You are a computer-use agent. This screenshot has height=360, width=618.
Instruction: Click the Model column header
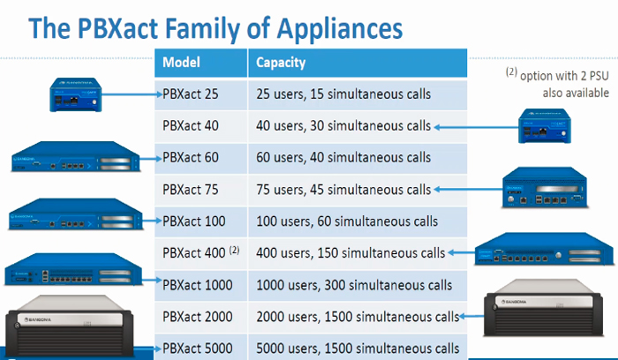click(x=200, y=63)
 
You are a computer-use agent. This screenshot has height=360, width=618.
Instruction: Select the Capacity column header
click(x=358, y=63)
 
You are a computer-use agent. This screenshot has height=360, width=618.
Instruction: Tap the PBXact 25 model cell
click(x=200, y=94)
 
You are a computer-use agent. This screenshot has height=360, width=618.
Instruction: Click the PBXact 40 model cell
click(x=200, y=126)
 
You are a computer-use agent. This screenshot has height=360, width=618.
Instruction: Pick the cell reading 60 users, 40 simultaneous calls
click(x=358, y=158)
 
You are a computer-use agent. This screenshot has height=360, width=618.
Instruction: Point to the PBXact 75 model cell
click(x=200, y=191)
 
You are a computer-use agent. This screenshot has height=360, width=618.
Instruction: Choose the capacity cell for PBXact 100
click(x=358, y=221)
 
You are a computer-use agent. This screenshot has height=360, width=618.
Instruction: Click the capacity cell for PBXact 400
click(x=358, y=253)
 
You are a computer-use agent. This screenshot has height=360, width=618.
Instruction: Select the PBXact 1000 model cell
click(x=200, y=286)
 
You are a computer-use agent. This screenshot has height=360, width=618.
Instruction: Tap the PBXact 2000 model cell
click(x=200, y=317)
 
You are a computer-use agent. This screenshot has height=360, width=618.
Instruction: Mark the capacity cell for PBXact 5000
click(x=358, y=348)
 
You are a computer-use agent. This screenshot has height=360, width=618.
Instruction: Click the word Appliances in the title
click(x=339, y=29)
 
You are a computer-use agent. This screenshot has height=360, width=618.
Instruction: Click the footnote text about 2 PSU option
click(x=557, y=84)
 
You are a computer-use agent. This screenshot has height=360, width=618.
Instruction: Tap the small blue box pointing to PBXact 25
click(x=76, y=94)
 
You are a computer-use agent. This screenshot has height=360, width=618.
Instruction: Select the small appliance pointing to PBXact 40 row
click(x=545, y=125)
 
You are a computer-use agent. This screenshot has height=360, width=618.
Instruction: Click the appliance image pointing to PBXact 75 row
click(x=545, y=188)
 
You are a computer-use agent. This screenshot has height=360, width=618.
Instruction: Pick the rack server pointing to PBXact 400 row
click(x=545, y=249)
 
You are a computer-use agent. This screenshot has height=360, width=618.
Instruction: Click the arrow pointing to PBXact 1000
click(x=152, y=281)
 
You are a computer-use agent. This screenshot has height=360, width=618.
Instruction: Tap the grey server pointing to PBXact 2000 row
click(x=544, y=308)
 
